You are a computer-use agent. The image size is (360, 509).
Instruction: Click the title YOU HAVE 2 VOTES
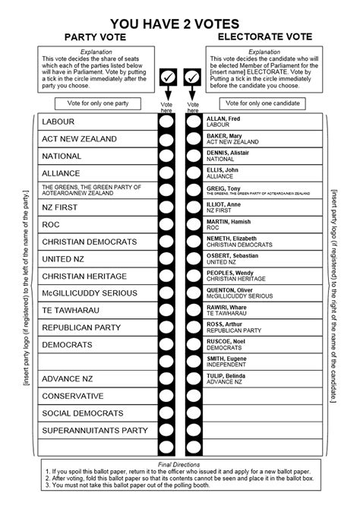tap(180, 24)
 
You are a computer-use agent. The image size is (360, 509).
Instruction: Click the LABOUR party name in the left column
tap(58, 122)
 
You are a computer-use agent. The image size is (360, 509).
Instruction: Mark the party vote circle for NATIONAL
tap(166, 156)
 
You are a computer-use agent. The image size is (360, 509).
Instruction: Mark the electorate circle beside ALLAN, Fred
tap(193, 122)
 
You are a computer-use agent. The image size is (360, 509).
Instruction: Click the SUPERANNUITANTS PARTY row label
tap(94, 431)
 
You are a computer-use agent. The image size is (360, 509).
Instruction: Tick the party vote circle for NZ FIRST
tap(166, 207)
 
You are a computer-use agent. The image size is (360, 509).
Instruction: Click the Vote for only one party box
tap(94, 103)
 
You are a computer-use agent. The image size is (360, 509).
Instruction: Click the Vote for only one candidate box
tap(262, 103)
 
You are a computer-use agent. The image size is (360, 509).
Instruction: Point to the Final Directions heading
tap(179, 464)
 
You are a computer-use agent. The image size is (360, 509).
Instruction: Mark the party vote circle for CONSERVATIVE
tap(166, 397)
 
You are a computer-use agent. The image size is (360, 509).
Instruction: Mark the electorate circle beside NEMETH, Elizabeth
tap(193, 242)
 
